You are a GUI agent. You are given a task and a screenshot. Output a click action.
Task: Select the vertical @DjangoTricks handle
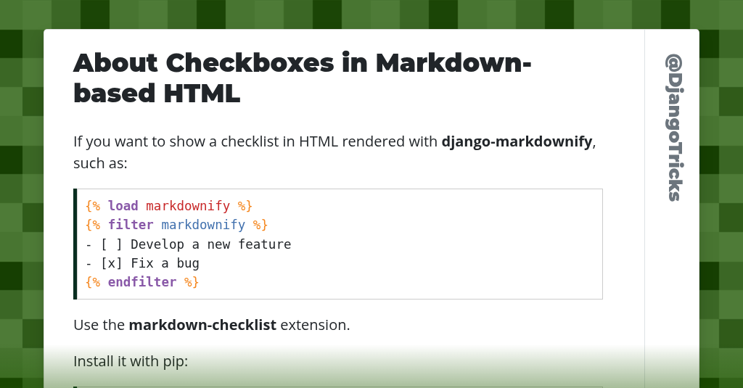[673, 128]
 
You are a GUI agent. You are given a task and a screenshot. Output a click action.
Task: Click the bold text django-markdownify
[517, 141]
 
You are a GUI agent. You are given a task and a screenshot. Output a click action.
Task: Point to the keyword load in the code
[123, 206]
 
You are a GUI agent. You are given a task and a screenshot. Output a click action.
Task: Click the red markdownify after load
[188, 206]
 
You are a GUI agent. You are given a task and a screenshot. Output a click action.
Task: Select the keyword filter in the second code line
[131, 225]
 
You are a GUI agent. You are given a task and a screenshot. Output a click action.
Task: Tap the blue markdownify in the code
[203, 225]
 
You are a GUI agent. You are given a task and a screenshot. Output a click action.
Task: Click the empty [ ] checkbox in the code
[112, 244]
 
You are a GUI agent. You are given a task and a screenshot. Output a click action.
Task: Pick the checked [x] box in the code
[112, 263]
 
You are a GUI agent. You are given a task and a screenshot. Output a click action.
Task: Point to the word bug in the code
[188, 263]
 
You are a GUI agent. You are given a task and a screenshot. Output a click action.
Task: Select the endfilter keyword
[142, 282]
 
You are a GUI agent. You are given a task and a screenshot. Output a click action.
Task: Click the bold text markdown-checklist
[202, 325]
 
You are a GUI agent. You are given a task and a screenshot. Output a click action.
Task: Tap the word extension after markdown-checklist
[315, 325]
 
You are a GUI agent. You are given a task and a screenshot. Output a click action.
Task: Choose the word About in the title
[115, 63]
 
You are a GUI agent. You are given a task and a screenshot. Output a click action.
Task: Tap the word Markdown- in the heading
[453, 63]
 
